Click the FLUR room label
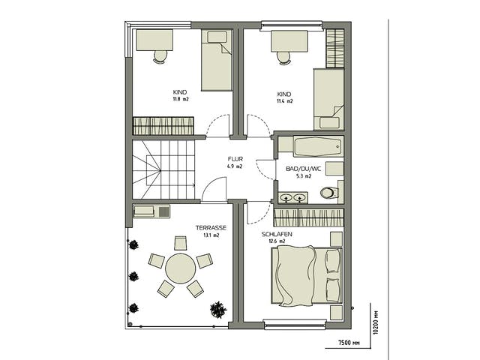coord(235,159)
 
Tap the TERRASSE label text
coord(211,228)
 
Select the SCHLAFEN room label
coord(277,234)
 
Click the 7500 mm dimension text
coord(349,343)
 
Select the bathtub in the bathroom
coord(318,146)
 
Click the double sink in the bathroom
coord(293,198)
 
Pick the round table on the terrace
coord(180,268)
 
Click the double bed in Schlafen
coord(307,276)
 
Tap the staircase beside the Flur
coord(163,169)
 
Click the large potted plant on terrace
coord(218,310)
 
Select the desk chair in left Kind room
coord(160,57)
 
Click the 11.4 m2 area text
coord(285,101)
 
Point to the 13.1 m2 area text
coord(211,235)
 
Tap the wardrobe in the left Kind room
coord(163,126)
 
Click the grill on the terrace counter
coord(163,211)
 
